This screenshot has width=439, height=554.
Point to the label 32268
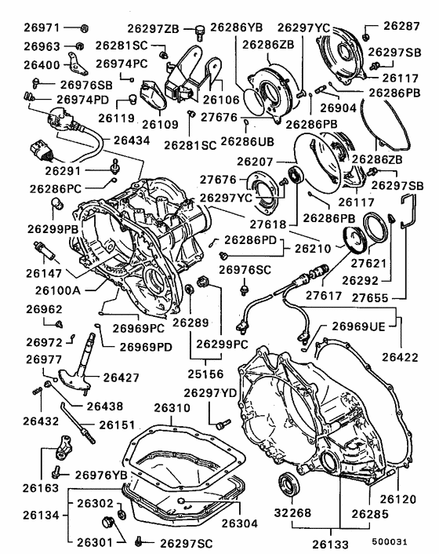click(292, 512)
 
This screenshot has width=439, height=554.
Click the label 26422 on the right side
click(401, 357)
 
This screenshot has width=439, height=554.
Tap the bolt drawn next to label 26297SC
click(139, 541)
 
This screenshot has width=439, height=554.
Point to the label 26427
click(121, 378)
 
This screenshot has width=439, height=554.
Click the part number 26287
click(401, 26)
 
